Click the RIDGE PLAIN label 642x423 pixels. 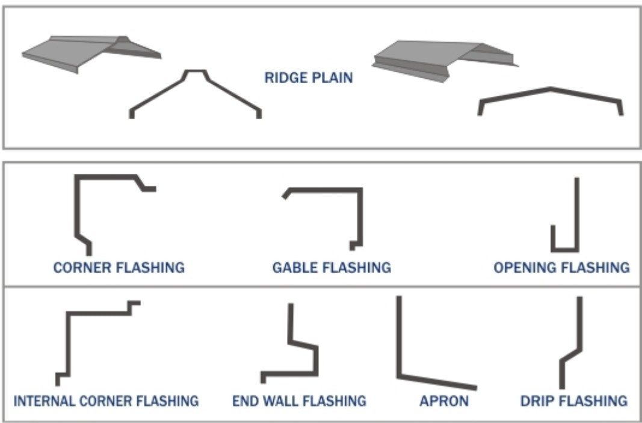(309, 78)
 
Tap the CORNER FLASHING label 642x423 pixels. (119, 267)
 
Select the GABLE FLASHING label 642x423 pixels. (332, 267)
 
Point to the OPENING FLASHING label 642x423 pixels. (561, 267)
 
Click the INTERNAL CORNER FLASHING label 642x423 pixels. (106, 400)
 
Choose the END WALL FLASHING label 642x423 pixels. (299, 400)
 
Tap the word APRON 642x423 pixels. (444, 400)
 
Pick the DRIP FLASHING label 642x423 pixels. (574, 400)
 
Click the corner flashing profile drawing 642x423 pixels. (77, 205)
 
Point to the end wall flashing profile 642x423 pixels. (315, 361)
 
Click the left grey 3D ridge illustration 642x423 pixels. (90, 52)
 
